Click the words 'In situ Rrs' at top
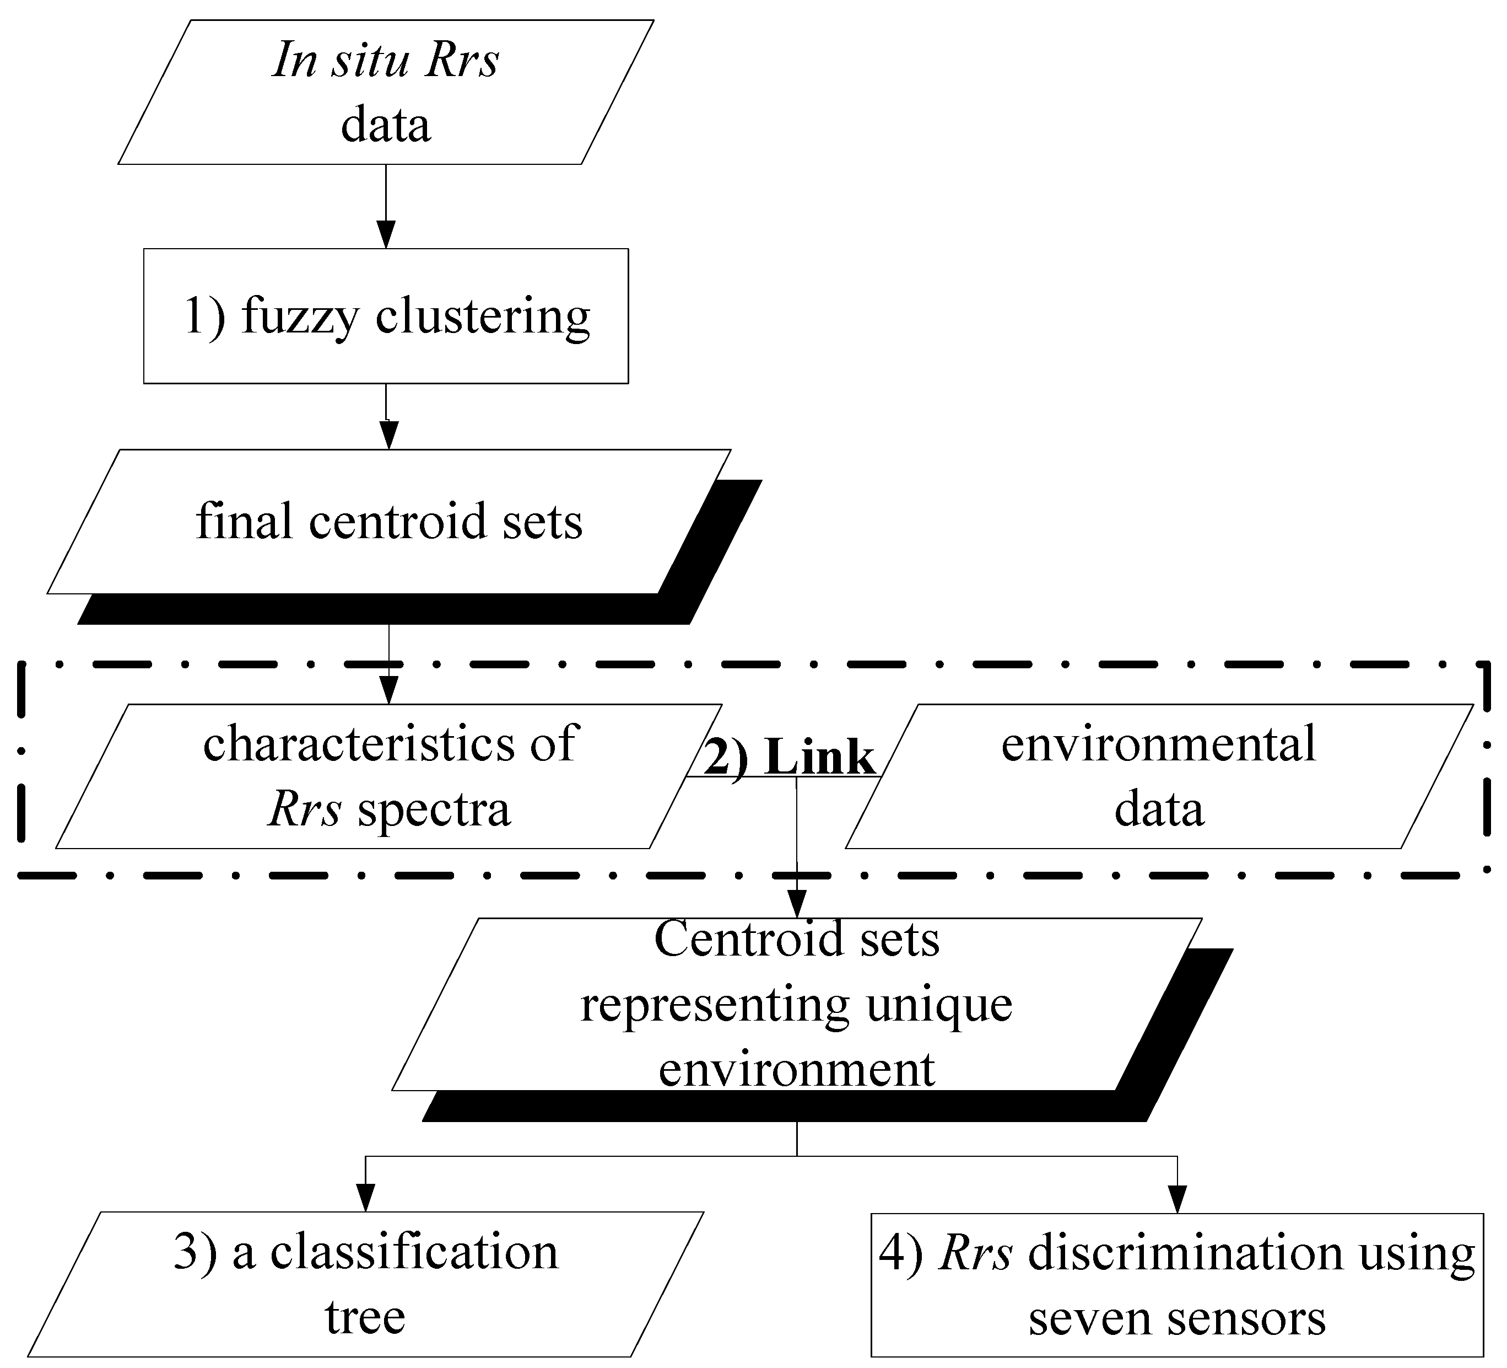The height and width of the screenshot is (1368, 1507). tap(385, 60)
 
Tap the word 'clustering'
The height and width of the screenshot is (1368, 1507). tap(482, 316)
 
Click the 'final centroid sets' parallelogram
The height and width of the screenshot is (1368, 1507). tap(388, 521)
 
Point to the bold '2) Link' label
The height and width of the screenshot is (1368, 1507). tap(788, 758)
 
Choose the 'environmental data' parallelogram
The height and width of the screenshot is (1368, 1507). tap(1159, 776)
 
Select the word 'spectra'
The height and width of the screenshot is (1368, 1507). tap(434, 809)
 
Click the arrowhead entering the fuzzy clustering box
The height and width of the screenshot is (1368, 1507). tap(386, 234)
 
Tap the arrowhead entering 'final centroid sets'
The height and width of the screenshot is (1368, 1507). tap(388, 434)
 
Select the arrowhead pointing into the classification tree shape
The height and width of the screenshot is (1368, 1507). tap(365, 1198)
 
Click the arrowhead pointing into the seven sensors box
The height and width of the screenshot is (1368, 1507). tap(1177, 1200)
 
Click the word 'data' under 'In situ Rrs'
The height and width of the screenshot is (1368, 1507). tap(386, 125)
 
